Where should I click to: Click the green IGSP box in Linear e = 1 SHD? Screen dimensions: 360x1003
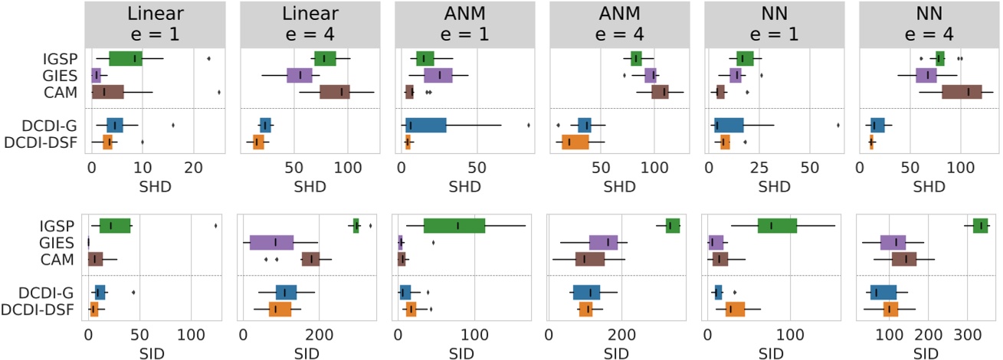pos(126,58)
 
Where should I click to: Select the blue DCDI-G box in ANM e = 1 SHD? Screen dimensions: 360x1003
pos(425,125)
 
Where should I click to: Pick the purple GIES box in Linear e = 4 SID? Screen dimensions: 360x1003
pos(272,243)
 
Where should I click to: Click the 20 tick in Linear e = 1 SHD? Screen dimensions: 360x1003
pos(193,165)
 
